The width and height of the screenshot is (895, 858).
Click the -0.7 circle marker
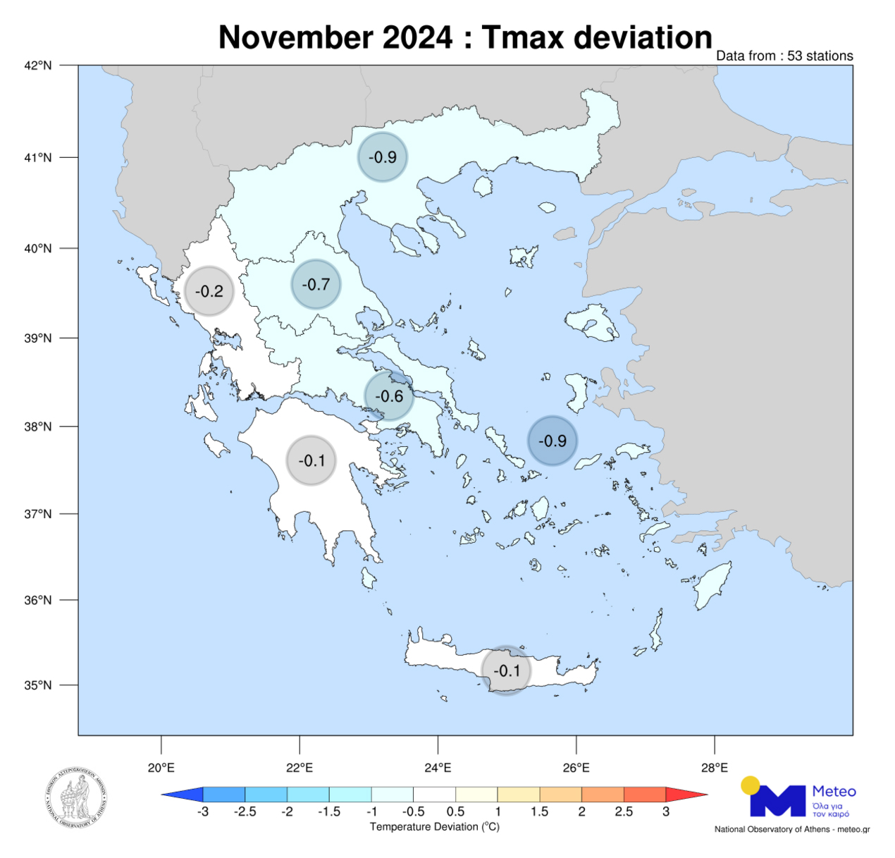pos(316,284)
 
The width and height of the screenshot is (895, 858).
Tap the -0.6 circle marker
pos(389,396)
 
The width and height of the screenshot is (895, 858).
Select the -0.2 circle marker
pos(209,291)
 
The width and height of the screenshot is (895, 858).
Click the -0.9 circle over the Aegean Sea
pos(553,441)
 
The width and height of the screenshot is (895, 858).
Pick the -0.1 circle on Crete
pos(506,670)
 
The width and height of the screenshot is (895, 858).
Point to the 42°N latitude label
pos(38,66)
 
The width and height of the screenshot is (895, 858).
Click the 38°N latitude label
pos(38,427)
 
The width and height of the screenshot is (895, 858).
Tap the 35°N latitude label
pos(38,685)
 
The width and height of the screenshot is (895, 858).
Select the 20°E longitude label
pos(161,768)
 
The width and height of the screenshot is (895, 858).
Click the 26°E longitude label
pos(576,768)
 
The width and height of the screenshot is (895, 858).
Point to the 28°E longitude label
pos(715,768)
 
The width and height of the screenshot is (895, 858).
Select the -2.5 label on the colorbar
pos(245,811)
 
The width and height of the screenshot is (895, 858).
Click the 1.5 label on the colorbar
pos(540,811)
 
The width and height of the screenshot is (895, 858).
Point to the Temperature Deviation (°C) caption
pos(435,826)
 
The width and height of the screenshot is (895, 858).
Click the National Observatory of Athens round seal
pos(77,798)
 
